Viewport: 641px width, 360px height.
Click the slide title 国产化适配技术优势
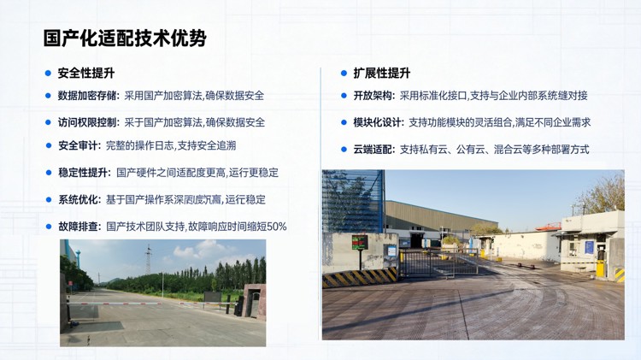(125, 39)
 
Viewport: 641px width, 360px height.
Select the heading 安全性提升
(85, 74)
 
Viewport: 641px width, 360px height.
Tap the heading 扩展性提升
(381, 74)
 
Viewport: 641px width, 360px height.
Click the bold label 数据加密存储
(88, 97)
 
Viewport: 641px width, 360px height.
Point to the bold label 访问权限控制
(88, 122)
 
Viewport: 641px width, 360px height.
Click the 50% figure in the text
(276, 227)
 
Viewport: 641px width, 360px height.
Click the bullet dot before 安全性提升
(49, 74)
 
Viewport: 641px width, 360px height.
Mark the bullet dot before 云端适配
(344, 150)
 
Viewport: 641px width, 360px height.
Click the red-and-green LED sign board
(360, 242)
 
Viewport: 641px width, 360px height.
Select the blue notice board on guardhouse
(589, 247)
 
